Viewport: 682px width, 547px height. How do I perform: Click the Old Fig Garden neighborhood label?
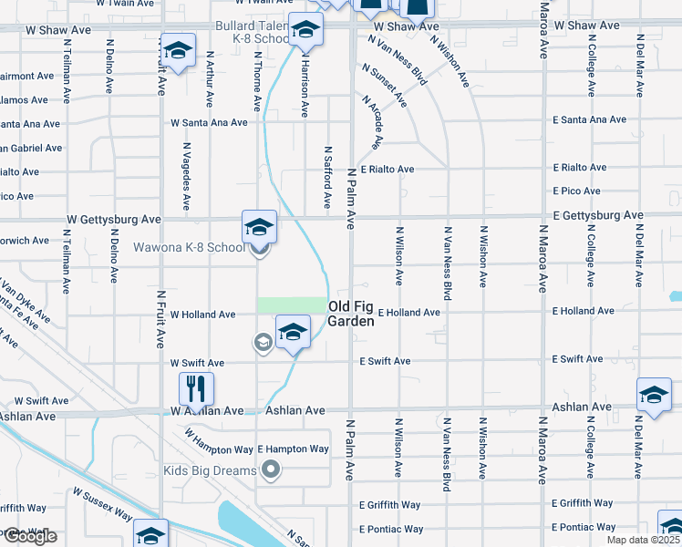click(x=351, y=314)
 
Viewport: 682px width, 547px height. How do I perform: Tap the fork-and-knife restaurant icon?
click(x=196, y=389)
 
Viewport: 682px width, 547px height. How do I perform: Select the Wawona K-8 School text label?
click(x=190, y=247)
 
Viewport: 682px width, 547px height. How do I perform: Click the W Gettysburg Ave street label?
click(x=114, y=220)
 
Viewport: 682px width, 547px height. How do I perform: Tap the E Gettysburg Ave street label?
click(x=597, y=215)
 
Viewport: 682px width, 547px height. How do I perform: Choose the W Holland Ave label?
click(x=202, y=315)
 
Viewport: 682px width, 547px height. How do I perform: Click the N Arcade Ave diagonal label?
click(x=372, y=121)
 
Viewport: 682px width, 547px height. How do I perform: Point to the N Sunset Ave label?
click(x=384, y=85)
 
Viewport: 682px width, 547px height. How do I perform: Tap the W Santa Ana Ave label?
click(x=209, y=122)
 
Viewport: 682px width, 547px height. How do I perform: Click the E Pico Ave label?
click(x=576, y=191)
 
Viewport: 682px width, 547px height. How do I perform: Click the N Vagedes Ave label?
click(x=186, y=176)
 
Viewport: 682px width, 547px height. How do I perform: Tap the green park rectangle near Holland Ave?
click(x=291, y=304)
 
